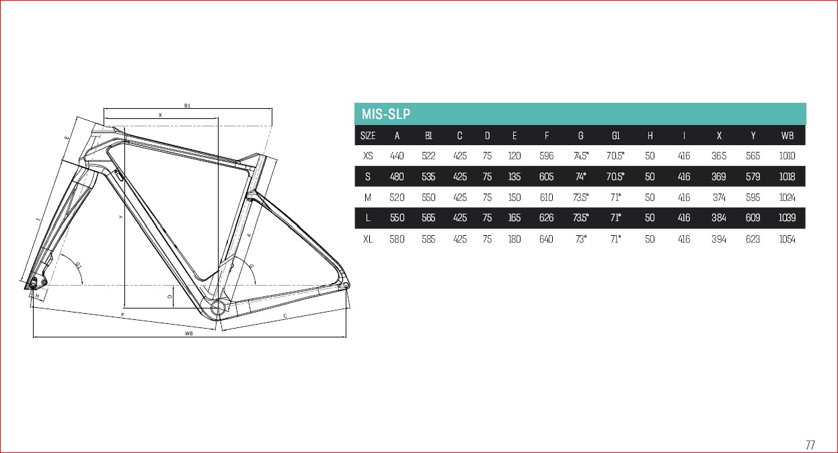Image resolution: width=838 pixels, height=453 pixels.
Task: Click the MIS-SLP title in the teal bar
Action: (385, 114)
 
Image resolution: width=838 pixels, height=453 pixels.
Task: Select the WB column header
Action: (787, 136)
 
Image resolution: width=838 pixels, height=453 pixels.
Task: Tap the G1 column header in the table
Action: (615, 136)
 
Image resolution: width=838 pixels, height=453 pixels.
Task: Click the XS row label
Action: (368, 156)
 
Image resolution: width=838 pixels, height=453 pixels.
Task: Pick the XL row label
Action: (368, 239)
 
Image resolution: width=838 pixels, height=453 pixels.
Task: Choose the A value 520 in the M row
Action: (397, 198)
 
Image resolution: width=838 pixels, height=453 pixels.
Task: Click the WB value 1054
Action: (787, 239)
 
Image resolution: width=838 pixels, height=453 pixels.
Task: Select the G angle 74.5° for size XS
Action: (580, 156)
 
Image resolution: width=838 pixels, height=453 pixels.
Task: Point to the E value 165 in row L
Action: (515, 218)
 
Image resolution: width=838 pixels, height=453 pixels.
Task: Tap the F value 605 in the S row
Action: (546, 177)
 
